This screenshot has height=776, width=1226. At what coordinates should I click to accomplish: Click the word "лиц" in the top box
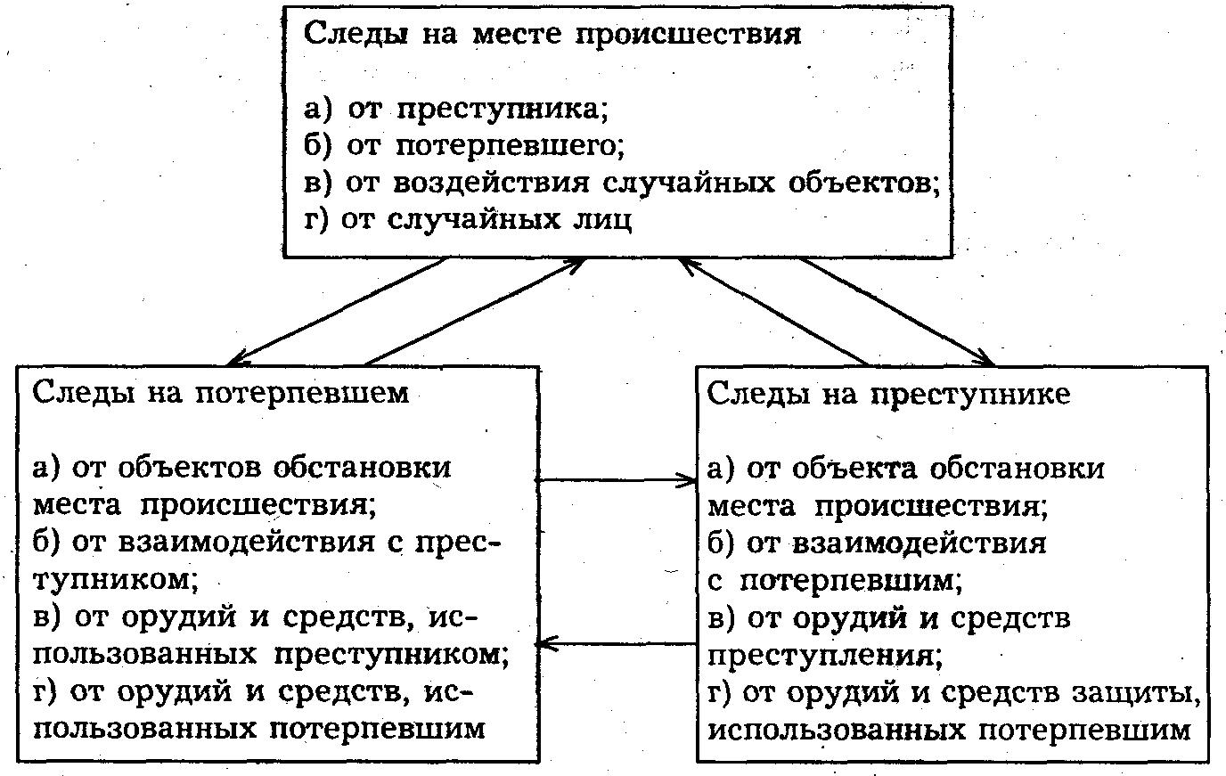point(605,219)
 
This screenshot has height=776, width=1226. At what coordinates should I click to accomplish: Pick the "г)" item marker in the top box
point(319,219)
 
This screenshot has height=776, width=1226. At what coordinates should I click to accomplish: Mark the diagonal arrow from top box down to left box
point(339,312)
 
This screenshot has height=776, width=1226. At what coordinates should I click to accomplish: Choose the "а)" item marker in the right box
point(723,467)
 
